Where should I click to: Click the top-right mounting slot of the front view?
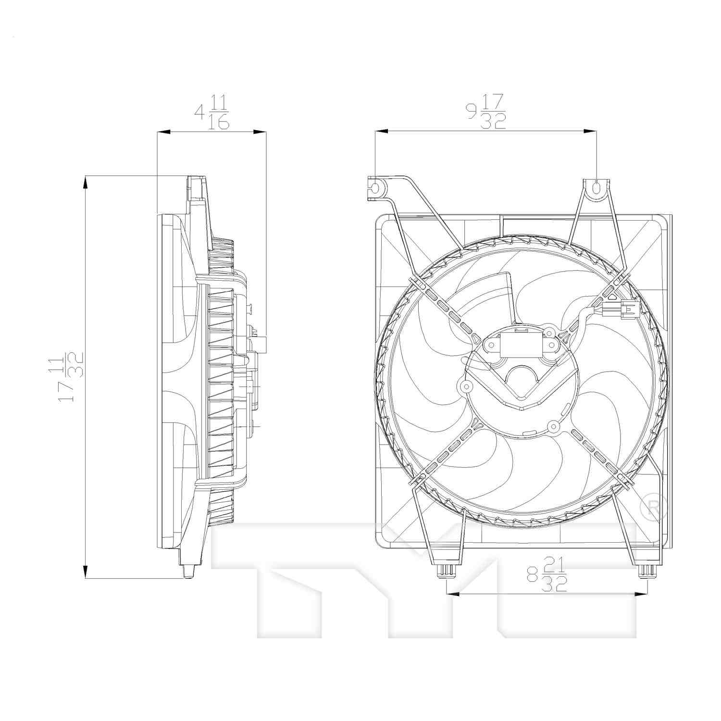(597, 187)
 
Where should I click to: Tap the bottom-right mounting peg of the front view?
(646, 571)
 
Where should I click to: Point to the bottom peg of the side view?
(188, 571)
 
